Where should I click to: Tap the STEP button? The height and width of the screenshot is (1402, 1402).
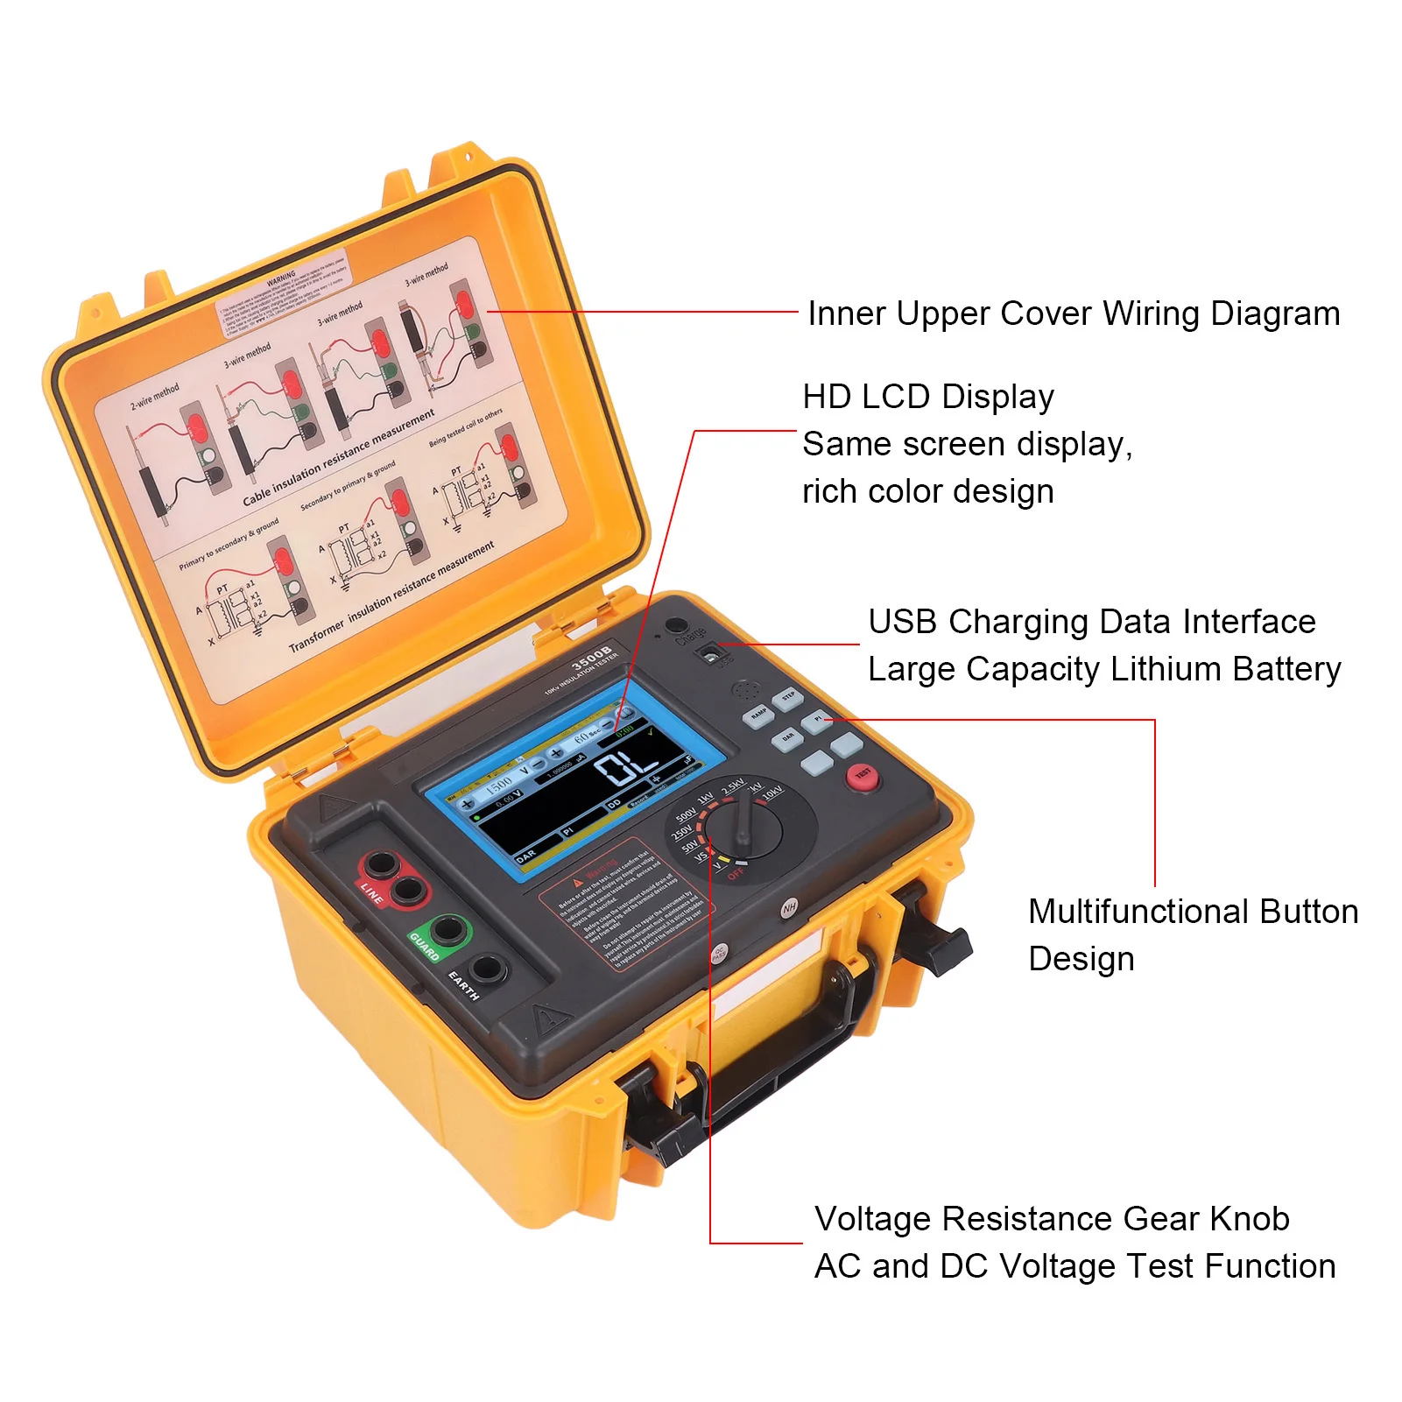point(787,698)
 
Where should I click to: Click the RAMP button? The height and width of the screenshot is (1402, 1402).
point(758,715)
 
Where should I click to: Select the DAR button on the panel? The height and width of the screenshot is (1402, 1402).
point(787,739)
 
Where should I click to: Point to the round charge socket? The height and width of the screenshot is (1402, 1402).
point(675,625)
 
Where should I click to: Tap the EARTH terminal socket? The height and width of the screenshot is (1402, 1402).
point(487,969)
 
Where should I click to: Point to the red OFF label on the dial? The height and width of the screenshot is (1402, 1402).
point(736,874)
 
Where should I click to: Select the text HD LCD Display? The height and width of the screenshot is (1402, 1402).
point(927,397)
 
